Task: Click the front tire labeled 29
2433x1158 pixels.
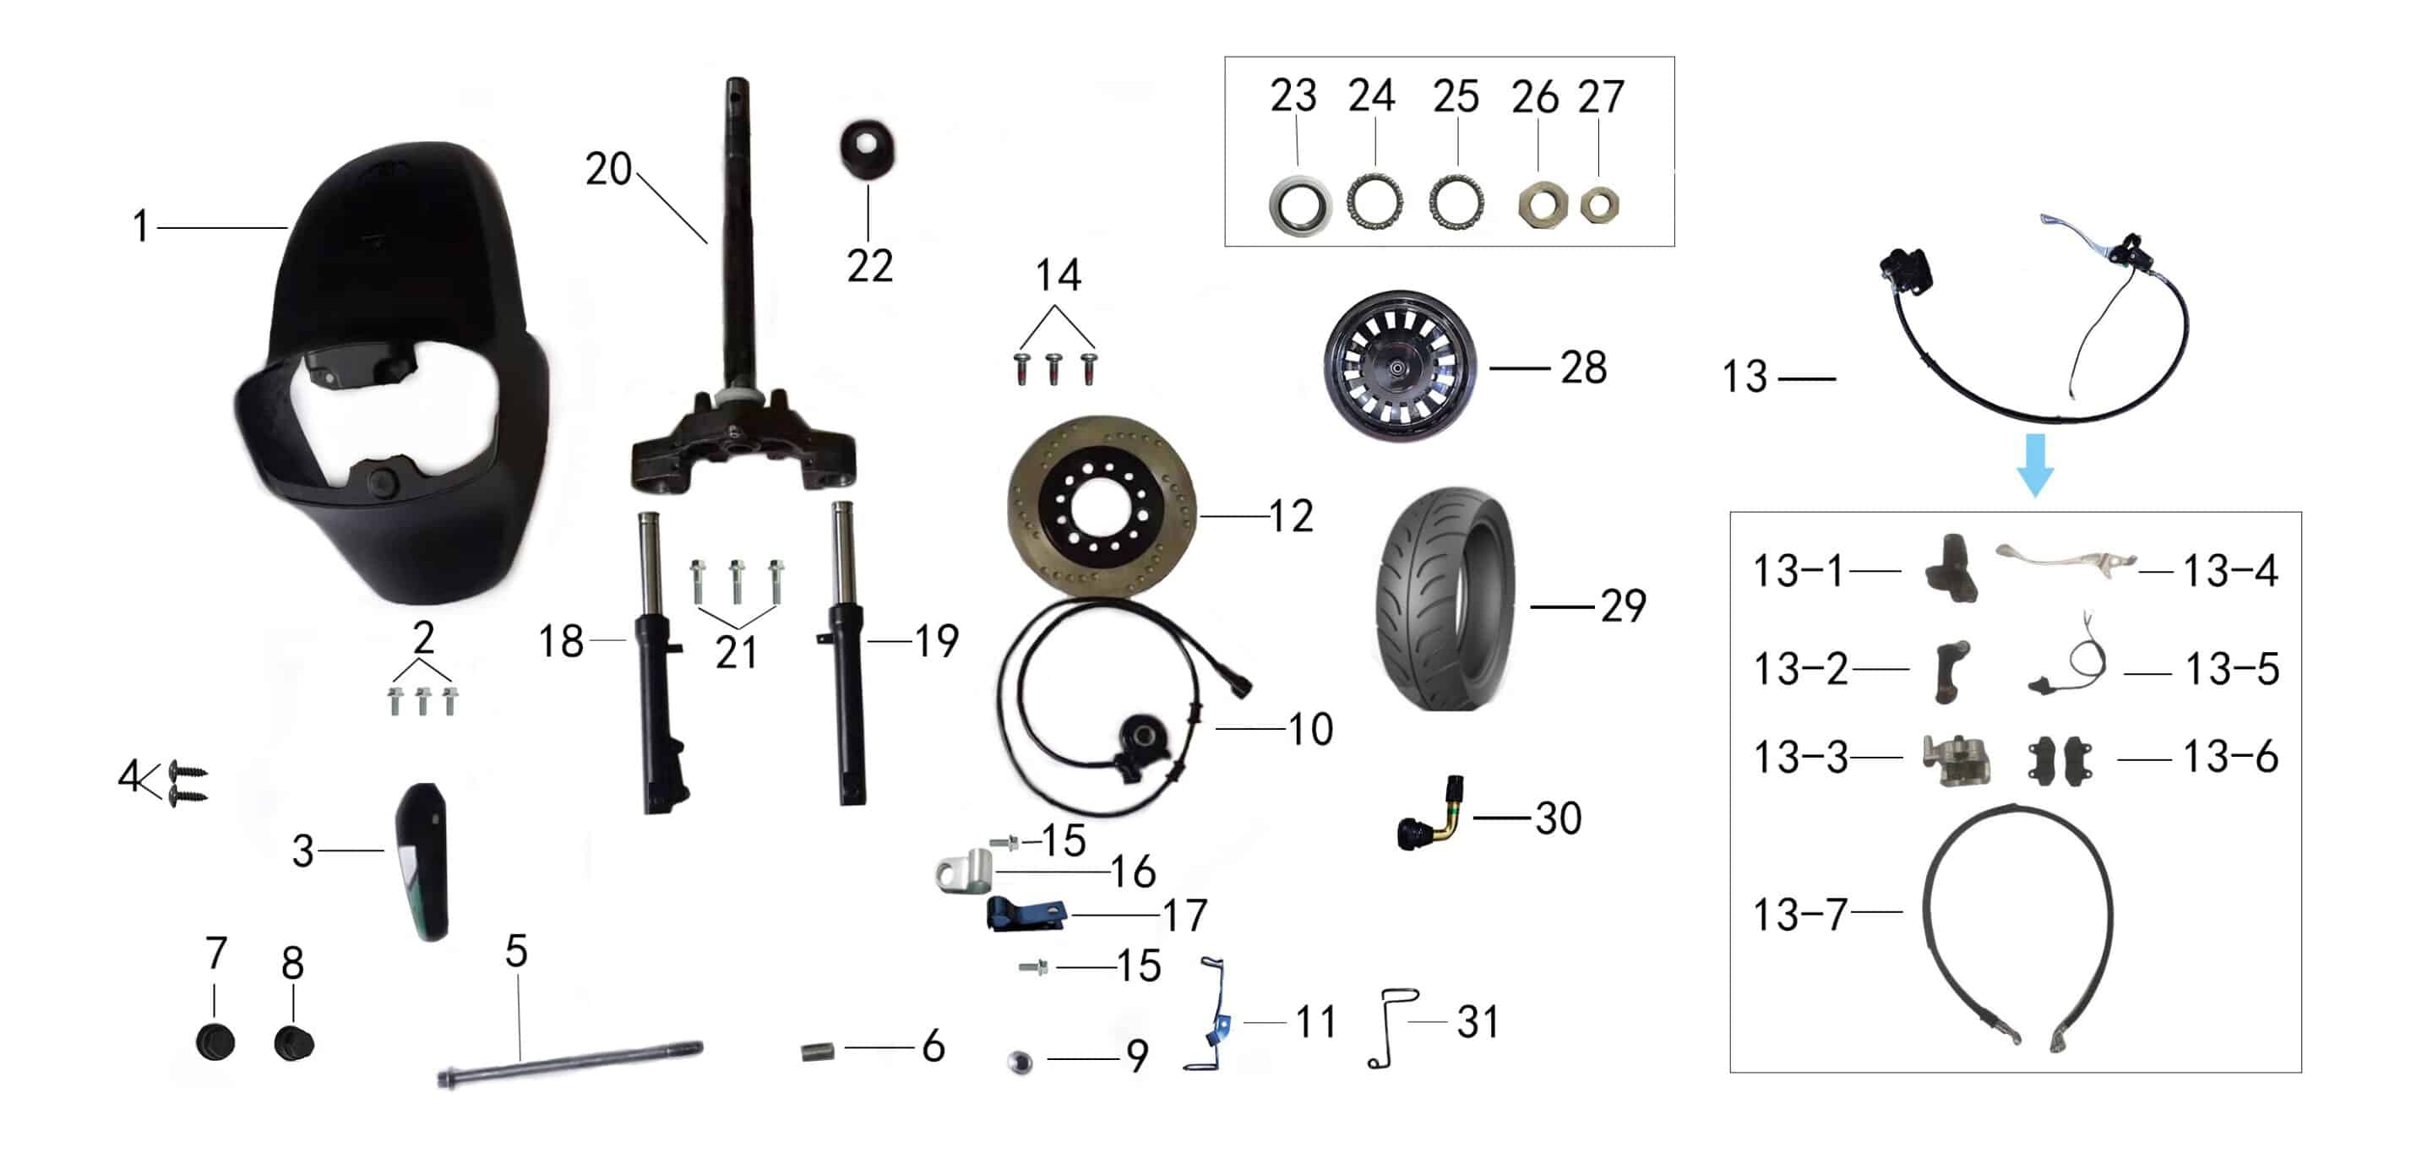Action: [1445, 600]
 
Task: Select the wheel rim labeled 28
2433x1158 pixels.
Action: [1398, 367]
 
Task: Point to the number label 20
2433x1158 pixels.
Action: [608, 170]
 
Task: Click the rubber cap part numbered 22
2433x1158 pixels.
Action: [867, 150]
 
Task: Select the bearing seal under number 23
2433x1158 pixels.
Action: [1298, 206]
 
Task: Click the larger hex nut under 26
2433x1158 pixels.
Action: [1542, 204]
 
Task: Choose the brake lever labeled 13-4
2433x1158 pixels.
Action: [2064, 557]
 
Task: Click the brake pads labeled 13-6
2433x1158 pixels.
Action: [2060, 760]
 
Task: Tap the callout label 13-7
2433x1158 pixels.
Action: [1799, 914]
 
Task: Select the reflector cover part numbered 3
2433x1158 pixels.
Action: [422, 862]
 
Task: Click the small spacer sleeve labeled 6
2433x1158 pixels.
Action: [818, 1051]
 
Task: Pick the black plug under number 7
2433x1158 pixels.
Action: [215, 1043]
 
